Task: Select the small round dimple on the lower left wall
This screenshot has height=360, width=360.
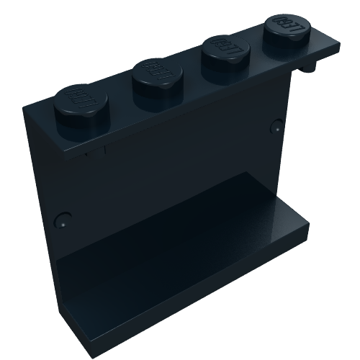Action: point(63,219)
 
